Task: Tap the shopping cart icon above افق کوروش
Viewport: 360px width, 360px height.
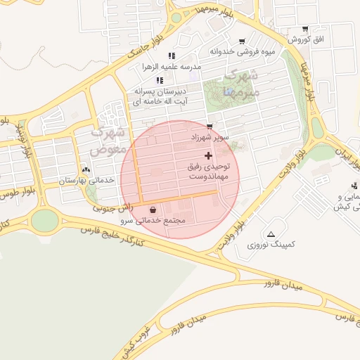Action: tap(305, 29)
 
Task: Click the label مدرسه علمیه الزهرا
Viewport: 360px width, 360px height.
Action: tap(172, 66)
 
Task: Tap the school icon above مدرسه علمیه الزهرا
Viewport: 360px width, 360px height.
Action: tap(171, 56)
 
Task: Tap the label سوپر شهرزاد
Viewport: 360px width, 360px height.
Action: tap(210, 138)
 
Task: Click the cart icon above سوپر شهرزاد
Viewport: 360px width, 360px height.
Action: tap(210, 127)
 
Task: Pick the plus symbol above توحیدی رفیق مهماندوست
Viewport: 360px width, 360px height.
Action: tap(207, 155)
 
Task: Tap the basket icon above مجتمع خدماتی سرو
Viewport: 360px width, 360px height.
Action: tap(153, 210)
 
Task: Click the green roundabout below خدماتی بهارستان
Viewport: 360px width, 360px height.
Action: tap(45, 221)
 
